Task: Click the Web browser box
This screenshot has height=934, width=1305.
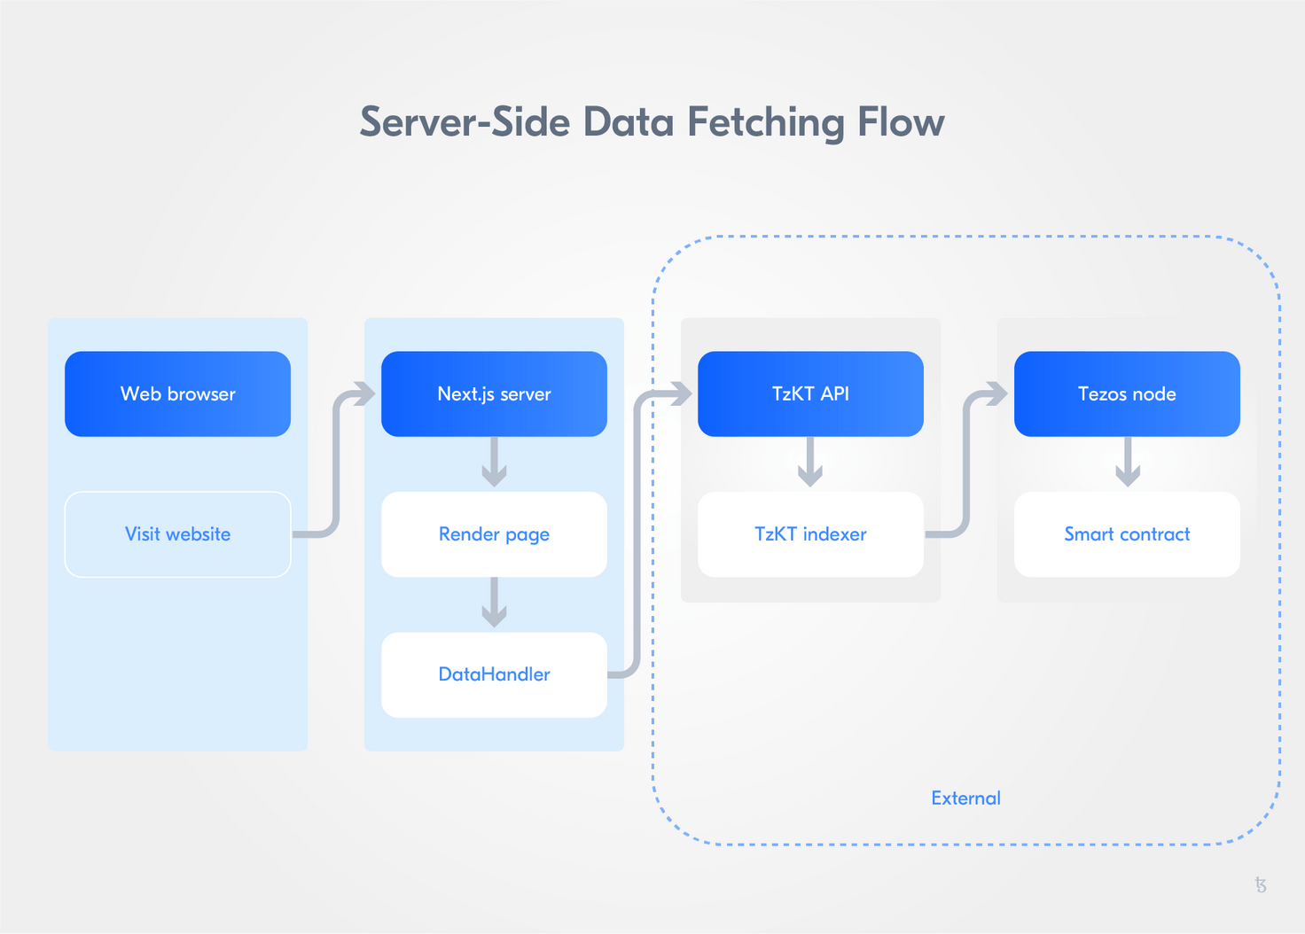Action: coord(177,393)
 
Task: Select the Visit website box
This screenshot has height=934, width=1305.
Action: coord(177,534)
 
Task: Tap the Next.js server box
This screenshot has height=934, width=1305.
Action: coord(494,393)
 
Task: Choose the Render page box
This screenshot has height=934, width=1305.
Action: coord(494,534)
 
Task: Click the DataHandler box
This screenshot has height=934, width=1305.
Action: coord(494,674)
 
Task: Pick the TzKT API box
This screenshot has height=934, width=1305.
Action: coord(810,393)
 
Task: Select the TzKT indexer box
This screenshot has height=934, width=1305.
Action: coord(810,534)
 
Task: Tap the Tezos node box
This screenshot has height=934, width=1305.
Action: coord(1127,393)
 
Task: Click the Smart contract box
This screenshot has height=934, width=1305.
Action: coord(1127,534)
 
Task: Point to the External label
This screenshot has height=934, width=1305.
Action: coord(965,798)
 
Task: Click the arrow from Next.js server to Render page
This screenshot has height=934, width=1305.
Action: coord(494,463)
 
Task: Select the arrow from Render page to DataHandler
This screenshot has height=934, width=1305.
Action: coord(494,603)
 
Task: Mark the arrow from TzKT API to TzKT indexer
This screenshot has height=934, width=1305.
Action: coord(810,463)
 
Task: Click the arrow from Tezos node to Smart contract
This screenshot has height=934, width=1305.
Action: coord(1127,463)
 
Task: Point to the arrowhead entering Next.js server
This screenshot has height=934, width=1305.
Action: coord(363,393)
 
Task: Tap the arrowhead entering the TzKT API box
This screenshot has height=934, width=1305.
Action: coord(680,393)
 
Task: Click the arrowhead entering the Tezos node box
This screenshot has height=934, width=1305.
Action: coord(996,393)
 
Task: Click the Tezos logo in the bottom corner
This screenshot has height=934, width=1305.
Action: coord(1261,884)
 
